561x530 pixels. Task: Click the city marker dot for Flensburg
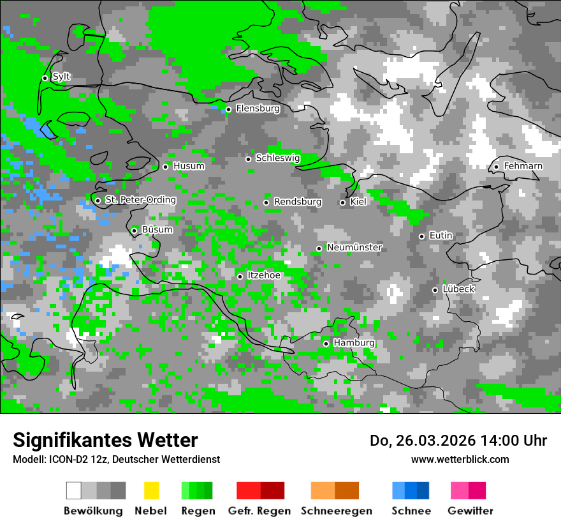point(228,109)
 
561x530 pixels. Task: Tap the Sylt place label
point(61,77)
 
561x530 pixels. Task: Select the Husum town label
point(189,166)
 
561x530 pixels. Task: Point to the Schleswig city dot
point(249,159)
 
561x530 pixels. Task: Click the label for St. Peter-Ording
point(140,200)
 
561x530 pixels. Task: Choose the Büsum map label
point(157,229)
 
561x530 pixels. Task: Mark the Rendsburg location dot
point(266,203)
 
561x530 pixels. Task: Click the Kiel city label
point(358,202)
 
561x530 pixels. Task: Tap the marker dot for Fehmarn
point(496,167)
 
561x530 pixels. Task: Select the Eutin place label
point(441,236)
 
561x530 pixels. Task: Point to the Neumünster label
point(354,247)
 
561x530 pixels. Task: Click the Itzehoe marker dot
point(240,276)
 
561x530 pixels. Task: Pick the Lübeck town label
point(458,289)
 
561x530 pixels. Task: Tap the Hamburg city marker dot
point(326,344)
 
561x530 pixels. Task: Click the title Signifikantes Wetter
point(105,440)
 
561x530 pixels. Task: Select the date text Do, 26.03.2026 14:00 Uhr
point(458,441)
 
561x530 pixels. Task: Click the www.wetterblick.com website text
point(460,460)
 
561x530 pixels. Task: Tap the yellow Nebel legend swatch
point(151,490)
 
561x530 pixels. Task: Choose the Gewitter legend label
point(470,511)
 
